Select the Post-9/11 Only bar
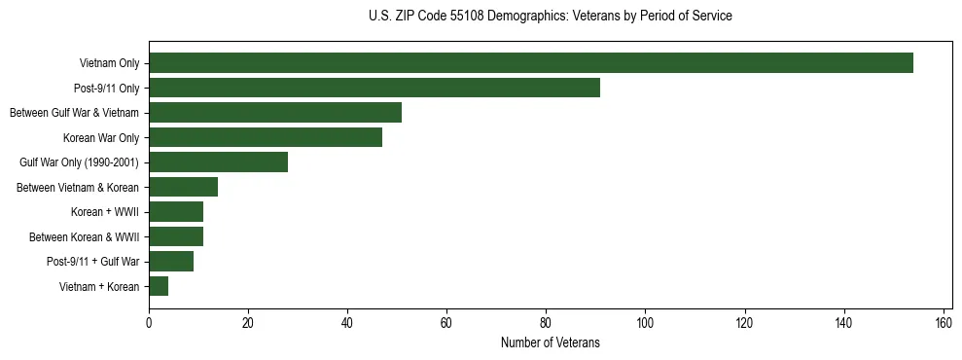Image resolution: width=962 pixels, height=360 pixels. (374, 88)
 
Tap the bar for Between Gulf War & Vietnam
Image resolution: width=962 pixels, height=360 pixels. (275, 113)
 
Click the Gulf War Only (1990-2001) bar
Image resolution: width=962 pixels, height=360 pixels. (218, 162)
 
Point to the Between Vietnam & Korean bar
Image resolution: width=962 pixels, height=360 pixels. (183, 187)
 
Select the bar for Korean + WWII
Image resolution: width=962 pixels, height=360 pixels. (176, 212)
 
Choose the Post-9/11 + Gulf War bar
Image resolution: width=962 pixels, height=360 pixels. (171, 262)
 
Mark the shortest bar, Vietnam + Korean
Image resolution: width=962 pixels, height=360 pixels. (159, 286)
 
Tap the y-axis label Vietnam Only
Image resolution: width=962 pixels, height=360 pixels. (109, 64)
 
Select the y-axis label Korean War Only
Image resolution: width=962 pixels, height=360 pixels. (101, 138)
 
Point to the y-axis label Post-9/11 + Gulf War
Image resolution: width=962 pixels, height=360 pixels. (92, 262)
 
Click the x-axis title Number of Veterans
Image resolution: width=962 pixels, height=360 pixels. (550, 343)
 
